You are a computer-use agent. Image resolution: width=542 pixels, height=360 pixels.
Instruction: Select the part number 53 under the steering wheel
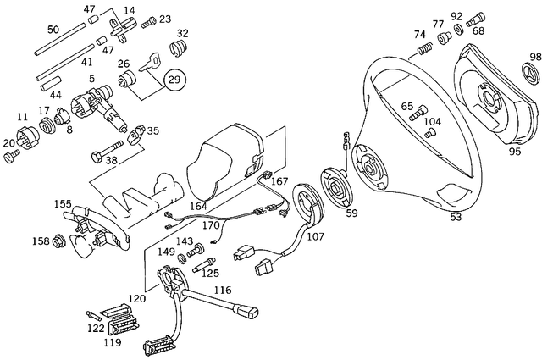point(456,218)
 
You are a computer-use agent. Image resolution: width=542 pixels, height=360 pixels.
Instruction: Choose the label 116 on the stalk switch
point(222,291)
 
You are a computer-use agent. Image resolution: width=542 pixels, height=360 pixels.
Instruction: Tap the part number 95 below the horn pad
point(514,152)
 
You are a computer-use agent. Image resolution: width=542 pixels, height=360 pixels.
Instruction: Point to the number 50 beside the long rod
point(53,30)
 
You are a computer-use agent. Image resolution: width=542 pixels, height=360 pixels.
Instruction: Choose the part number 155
point(63,203)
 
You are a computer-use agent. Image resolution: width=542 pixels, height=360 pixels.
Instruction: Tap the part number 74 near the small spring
point(420,35)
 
